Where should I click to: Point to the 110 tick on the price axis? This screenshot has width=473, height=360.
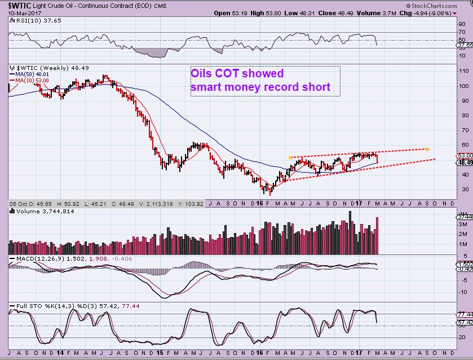pyautogui.click(x=462, y=72)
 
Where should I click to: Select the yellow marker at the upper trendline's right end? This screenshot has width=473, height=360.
pyautogui.click(x=428, y=149)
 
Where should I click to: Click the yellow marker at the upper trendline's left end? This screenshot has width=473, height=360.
pyautogui.click(x=289, y=157)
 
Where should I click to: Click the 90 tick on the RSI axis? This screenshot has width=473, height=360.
pyautogui.click(x=461, y=25)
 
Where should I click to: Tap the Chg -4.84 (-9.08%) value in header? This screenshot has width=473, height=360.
pyautogui.click(x=440, y=12)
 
